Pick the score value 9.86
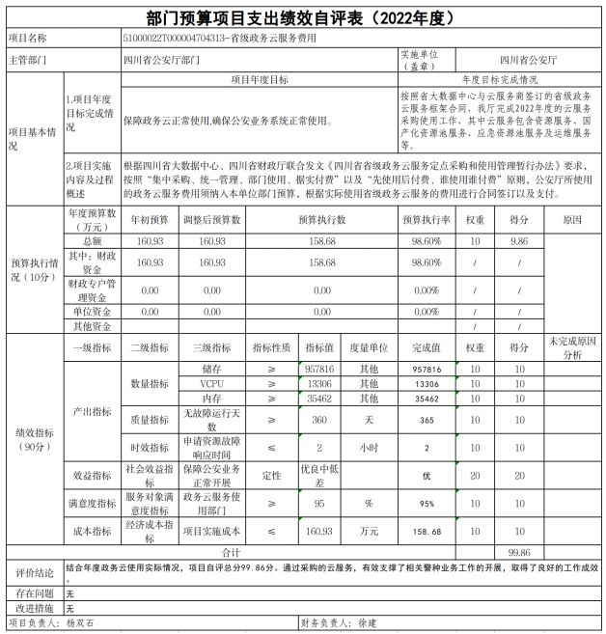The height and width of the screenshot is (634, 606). pos(520,240)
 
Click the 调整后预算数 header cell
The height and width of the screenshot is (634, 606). pos(205,220)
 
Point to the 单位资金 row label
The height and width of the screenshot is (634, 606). pos(92,312)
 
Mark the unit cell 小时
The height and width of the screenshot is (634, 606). pos(368,448)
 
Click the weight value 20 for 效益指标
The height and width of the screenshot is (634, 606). pos(475,476)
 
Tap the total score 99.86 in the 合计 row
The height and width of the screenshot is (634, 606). pos(520,552)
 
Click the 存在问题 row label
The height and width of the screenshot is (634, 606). pos(34,593)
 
